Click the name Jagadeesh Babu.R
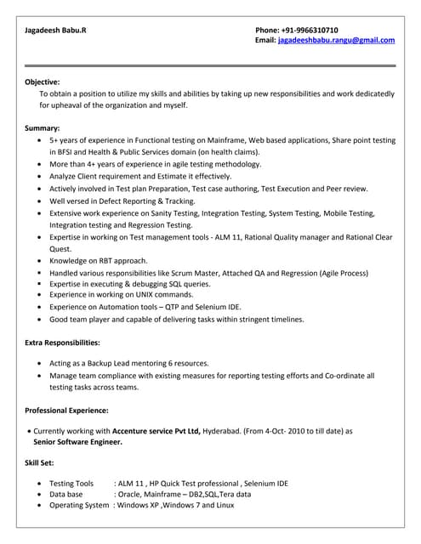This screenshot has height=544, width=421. coord(55,29)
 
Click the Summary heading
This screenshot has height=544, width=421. coord(43,127)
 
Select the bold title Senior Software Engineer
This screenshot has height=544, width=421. coord(77,442)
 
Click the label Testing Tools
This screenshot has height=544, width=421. coord(71,483)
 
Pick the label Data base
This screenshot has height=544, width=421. coord(66,494)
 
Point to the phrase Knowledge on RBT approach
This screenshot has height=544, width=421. coord(99,260)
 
